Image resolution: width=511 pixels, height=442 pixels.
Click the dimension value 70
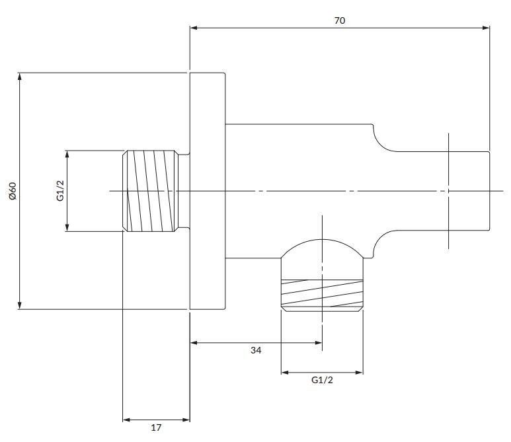(340, 20)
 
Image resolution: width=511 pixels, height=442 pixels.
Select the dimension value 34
(256, 351)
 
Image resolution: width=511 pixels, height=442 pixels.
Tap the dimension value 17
(156, 427)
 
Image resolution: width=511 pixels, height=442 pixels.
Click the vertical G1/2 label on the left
(59, 191)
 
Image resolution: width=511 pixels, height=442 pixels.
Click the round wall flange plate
(208, 191)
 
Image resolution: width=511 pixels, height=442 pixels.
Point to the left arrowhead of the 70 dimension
(194, 28)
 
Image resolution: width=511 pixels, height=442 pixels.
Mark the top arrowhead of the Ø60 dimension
(20, 75)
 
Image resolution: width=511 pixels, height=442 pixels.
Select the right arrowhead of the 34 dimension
(319, 342)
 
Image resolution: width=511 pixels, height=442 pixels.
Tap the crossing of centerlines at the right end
(448, 191)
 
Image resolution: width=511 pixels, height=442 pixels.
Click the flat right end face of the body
(490, 191)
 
